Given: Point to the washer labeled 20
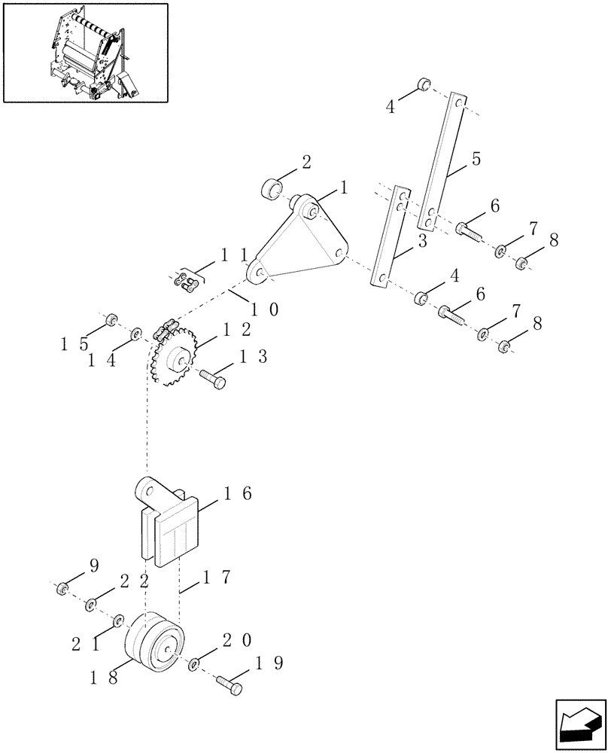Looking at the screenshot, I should [194, 663].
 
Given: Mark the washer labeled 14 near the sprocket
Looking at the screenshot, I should [136, 334].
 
